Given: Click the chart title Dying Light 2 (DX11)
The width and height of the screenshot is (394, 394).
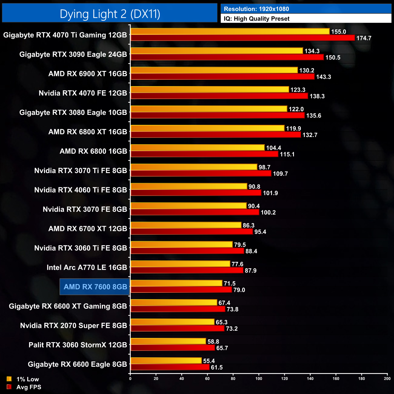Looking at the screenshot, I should tap(110, 14).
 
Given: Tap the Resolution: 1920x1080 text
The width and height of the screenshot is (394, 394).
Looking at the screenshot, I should tap(256, 9).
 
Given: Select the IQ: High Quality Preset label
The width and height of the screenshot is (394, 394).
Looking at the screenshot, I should tap(257, 19).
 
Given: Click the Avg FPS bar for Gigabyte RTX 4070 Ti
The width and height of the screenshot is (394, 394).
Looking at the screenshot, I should tap(242, 38).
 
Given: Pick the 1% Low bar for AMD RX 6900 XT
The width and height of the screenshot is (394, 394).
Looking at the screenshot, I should tap(214, 70).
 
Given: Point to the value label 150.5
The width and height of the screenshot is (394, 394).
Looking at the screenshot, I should tap(333, 58).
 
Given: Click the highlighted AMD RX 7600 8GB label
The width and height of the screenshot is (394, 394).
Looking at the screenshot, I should tap(95, 287).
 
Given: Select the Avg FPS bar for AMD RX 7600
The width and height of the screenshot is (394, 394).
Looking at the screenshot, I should tap(181, 290).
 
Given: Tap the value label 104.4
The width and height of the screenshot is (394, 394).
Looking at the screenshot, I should tap(274, 148).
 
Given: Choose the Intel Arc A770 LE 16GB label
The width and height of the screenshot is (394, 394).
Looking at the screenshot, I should tap(87, 267).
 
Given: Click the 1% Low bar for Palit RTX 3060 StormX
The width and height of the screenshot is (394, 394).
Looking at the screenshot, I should tap(168, 342).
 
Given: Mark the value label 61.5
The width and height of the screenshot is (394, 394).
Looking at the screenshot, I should tap(217, 367).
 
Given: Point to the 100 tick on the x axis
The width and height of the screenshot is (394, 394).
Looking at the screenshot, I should tap(259, 379).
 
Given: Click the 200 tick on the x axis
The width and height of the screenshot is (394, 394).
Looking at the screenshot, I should tap(387, 379).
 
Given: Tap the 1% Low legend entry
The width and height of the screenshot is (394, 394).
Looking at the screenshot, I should tap(23, 379).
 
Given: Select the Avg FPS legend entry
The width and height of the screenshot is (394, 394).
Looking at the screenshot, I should tap(24, 387).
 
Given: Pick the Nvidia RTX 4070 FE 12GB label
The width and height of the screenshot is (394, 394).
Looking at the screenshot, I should tap(83, 93).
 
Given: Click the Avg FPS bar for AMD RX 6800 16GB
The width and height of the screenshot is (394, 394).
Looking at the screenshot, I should tap(204, 154).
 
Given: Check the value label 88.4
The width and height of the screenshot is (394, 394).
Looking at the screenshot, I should tap(251, 251).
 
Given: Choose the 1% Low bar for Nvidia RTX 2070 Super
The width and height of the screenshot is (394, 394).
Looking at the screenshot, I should tap(172, 322).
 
